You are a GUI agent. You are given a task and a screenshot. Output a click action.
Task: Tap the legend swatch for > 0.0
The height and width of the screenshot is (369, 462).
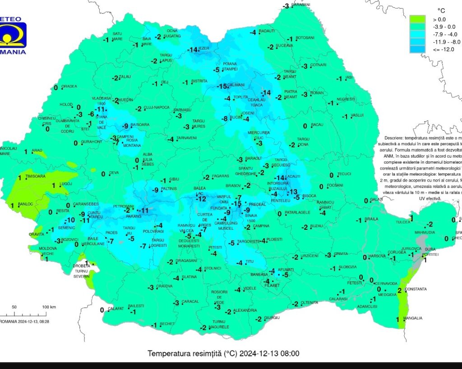pyautogui.click(x=417, y=19)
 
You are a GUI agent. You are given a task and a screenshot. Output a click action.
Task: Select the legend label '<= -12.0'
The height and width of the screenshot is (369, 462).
pyautogui.click(x=443, y=49)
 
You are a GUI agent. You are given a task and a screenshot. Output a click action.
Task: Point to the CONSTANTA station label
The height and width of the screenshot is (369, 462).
pyautogui.click(x=416, y=289)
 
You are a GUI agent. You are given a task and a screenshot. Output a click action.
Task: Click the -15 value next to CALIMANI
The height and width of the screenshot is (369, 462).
pyautogui.click(x=222, y=87)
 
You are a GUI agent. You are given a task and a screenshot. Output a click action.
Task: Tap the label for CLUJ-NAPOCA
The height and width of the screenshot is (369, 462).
pyautogui.click(x=157, y=108)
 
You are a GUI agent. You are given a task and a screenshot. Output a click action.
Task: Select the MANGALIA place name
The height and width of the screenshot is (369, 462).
pyautogui.click(x=413, y=318)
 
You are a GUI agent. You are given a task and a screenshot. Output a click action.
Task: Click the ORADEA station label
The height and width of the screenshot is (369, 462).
pyautogui.click(x=69, y=87)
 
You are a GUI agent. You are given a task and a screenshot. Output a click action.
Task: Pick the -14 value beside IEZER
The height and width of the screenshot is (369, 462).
pyautogui.click(x=193, y=50)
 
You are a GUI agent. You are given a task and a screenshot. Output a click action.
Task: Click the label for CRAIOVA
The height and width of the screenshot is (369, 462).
pyautogui.click(x=164, y=286)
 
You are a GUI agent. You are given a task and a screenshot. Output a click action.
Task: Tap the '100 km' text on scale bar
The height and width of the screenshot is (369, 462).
pyautogui.click(x=49, y=307)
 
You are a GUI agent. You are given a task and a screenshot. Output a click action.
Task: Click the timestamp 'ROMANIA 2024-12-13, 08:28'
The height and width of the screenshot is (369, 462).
pyautogui.click(x=24, y=321)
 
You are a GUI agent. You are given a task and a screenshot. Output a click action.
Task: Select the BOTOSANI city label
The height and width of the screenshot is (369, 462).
pyautogui.click(x=305, y=38)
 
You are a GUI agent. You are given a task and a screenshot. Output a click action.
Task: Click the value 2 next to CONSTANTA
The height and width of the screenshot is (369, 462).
pyautogui.click(x=399, y=291)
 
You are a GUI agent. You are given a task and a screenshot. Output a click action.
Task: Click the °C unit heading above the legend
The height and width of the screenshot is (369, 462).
pyautogui.click(x=442, y=10)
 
